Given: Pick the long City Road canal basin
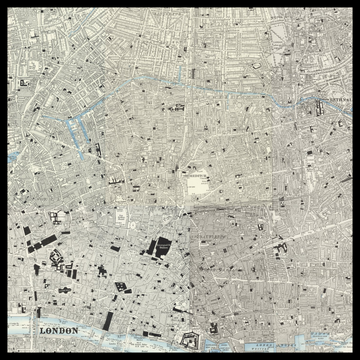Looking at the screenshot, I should point(76,130).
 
